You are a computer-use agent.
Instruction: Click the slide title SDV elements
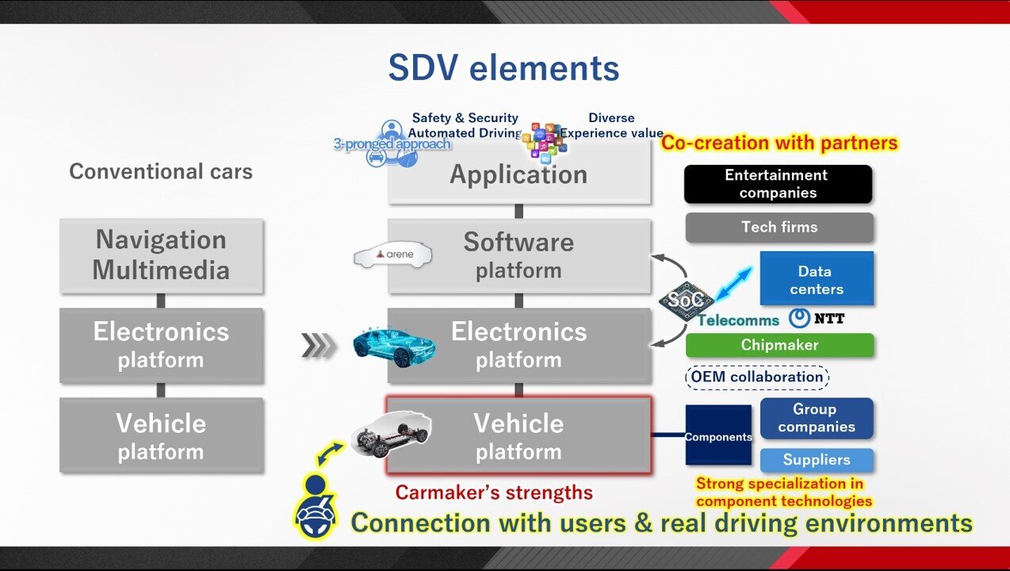coord(503,68)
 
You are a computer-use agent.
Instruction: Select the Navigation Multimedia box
coord(161,255)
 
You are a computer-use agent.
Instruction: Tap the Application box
coord(518,175)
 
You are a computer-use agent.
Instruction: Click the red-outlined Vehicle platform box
coord(518,436)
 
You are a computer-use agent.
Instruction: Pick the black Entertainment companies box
coord(777,184)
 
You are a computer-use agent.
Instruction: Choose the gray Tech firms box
coord(779,228)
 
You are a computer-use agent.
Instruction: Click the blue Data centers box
coord(816,279)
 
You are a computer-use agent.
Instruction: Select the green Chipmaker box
coord(779,345)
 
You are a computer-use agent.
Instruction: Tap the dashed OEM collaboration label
coord(756,377)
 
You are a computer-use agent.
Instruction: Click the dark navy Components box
coord(717,436)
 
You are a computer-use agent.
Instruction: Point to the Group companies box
coord(816,418)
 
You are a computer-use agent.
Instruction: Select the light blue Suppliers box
coord(816,460)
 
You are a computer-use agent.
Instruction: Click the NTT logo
coord(817,319)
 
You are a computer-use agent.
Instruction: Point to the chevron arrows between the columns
coord(319,346)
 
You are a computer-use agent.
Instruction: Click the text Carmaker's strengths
coord(494,492)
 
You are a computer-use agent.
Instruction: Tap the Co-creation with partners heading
coord(779,143)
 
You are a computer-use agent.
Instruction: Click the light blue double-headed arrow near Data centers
coord(734,283)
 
